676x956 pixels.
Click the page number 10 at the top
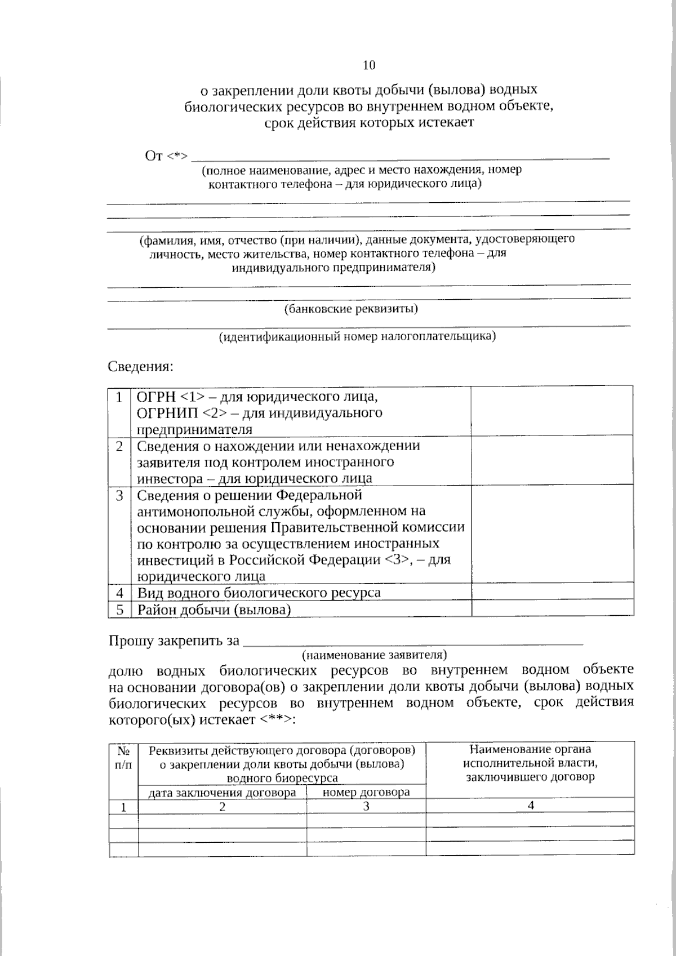tap(369, 65)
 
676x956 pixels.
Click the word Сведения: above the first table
tap(141, 367)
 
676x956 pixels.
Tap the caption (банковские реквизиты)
tap(352, 309)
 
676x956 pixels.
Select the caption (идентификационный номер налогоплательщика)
tap(357, 337)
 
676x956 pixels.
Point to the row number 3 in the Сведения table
tap(119, 496)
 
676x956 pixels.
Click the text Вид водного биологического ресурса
tap(259, 592)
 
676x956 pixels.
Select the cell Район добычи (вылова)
tap(214, 609)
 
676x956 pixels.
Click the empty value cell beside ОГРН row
tap(552, 411)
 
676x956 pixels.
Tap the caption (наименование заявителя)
tap(375, 655)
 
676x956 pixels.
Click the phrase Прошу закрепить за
tap(174, 641)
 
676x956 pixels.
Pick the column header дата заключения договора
tap(222, 793)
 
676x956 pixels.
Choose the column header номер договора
tap(366, 793)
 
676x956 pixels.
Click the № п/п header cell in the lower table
tap(123, 757)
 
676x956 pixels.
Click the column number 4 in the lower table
tap(530, 806)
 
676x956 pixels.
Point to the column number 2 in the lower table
tap(223, 807)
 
